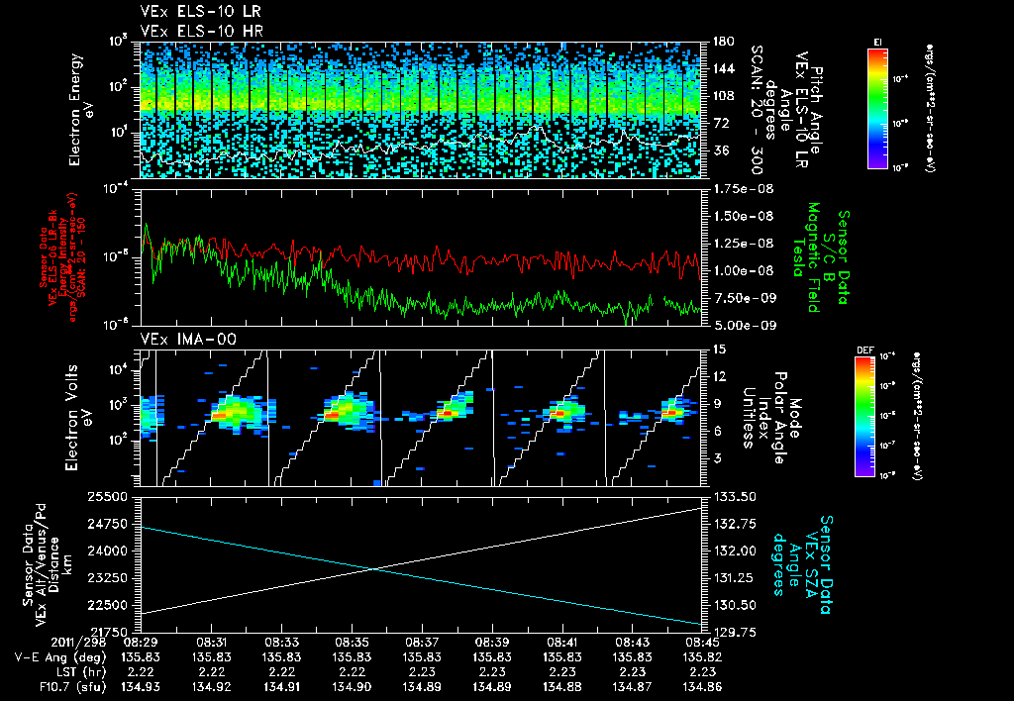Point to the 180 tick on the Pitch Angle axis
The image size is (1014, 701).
(720, 42)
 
